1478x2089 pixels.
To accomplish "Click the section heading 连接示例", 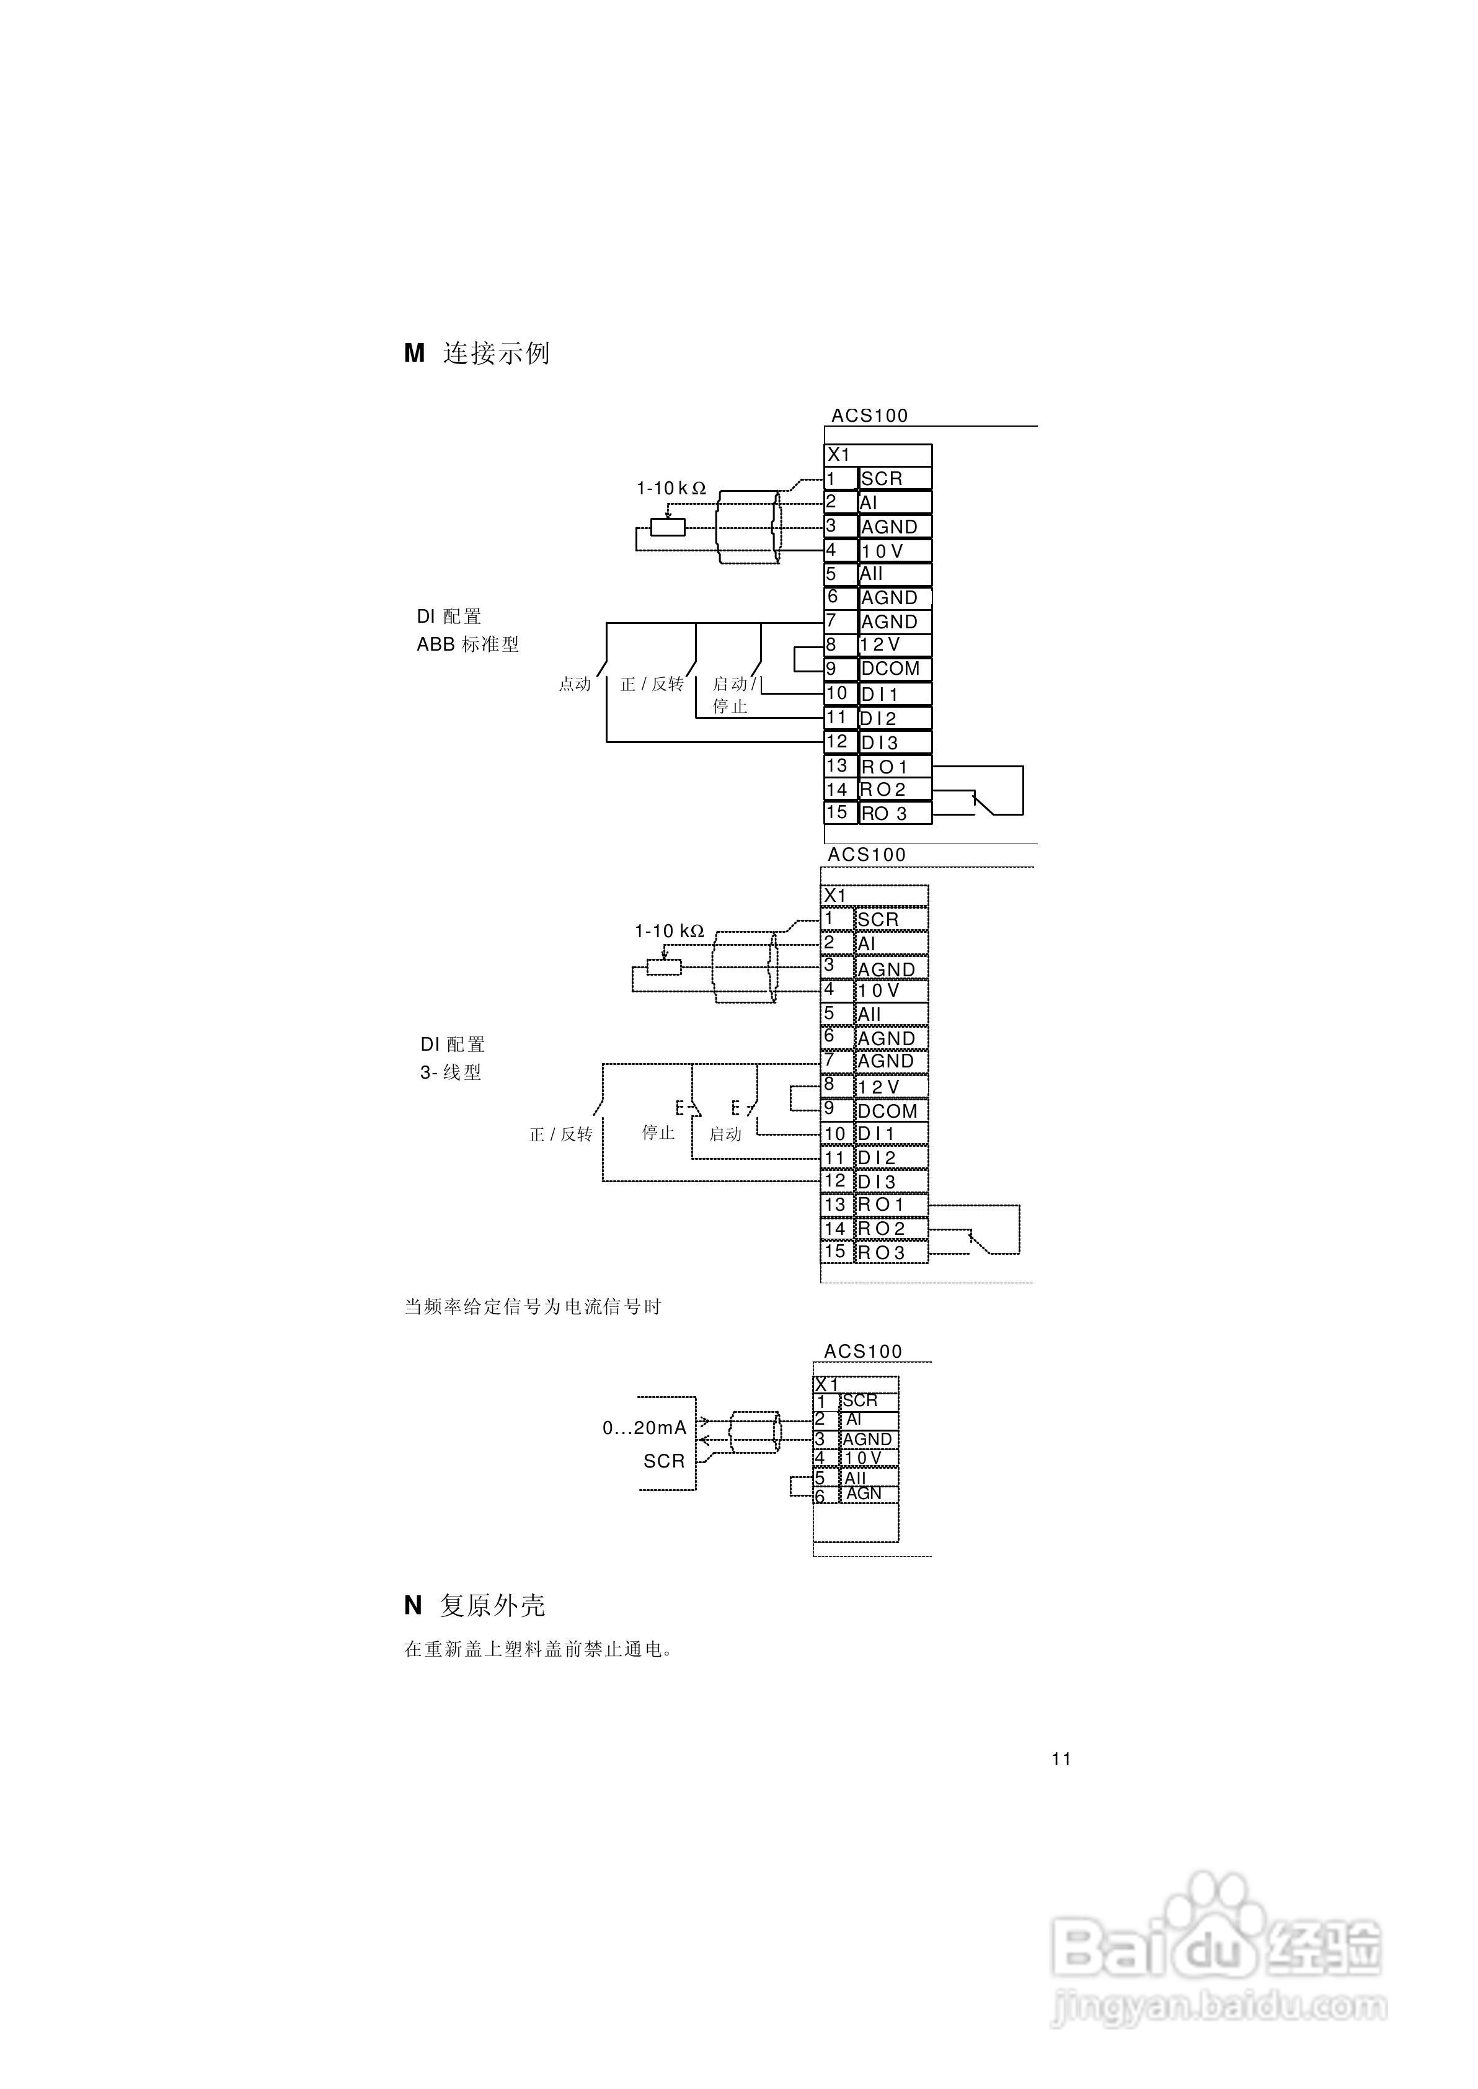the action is (496, 353).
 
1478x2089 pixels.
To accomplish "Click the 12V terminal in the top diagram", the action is (880, 644).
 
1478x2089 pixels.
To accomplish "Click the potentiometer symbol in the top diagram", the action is (667, 527).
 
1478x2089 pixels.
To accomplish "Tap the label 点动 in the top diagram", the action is (574, 684).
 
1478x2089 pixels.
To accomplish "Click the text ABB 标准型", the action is (468, 644).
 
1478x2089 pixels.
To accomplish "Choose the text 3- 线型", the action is (451, 1072).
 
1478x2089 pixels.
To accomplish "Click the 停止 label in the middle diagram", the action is (658, 1133).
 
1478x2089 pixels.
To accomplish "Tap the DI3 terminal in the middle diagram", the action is (877, 1182).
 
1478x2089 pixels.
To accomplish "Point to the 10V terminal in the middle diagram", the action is (878, 991).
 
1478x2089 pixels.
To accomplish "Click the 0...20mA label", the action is (644, 1428).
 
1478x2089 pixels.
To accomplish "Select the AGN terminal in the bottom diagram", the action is (864, 1494).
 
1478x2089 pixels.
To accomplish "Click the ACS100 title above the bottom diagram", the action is (863, 1352).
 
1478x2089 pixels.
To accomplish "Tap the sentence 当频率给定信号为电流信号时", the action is (533, 1307).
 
